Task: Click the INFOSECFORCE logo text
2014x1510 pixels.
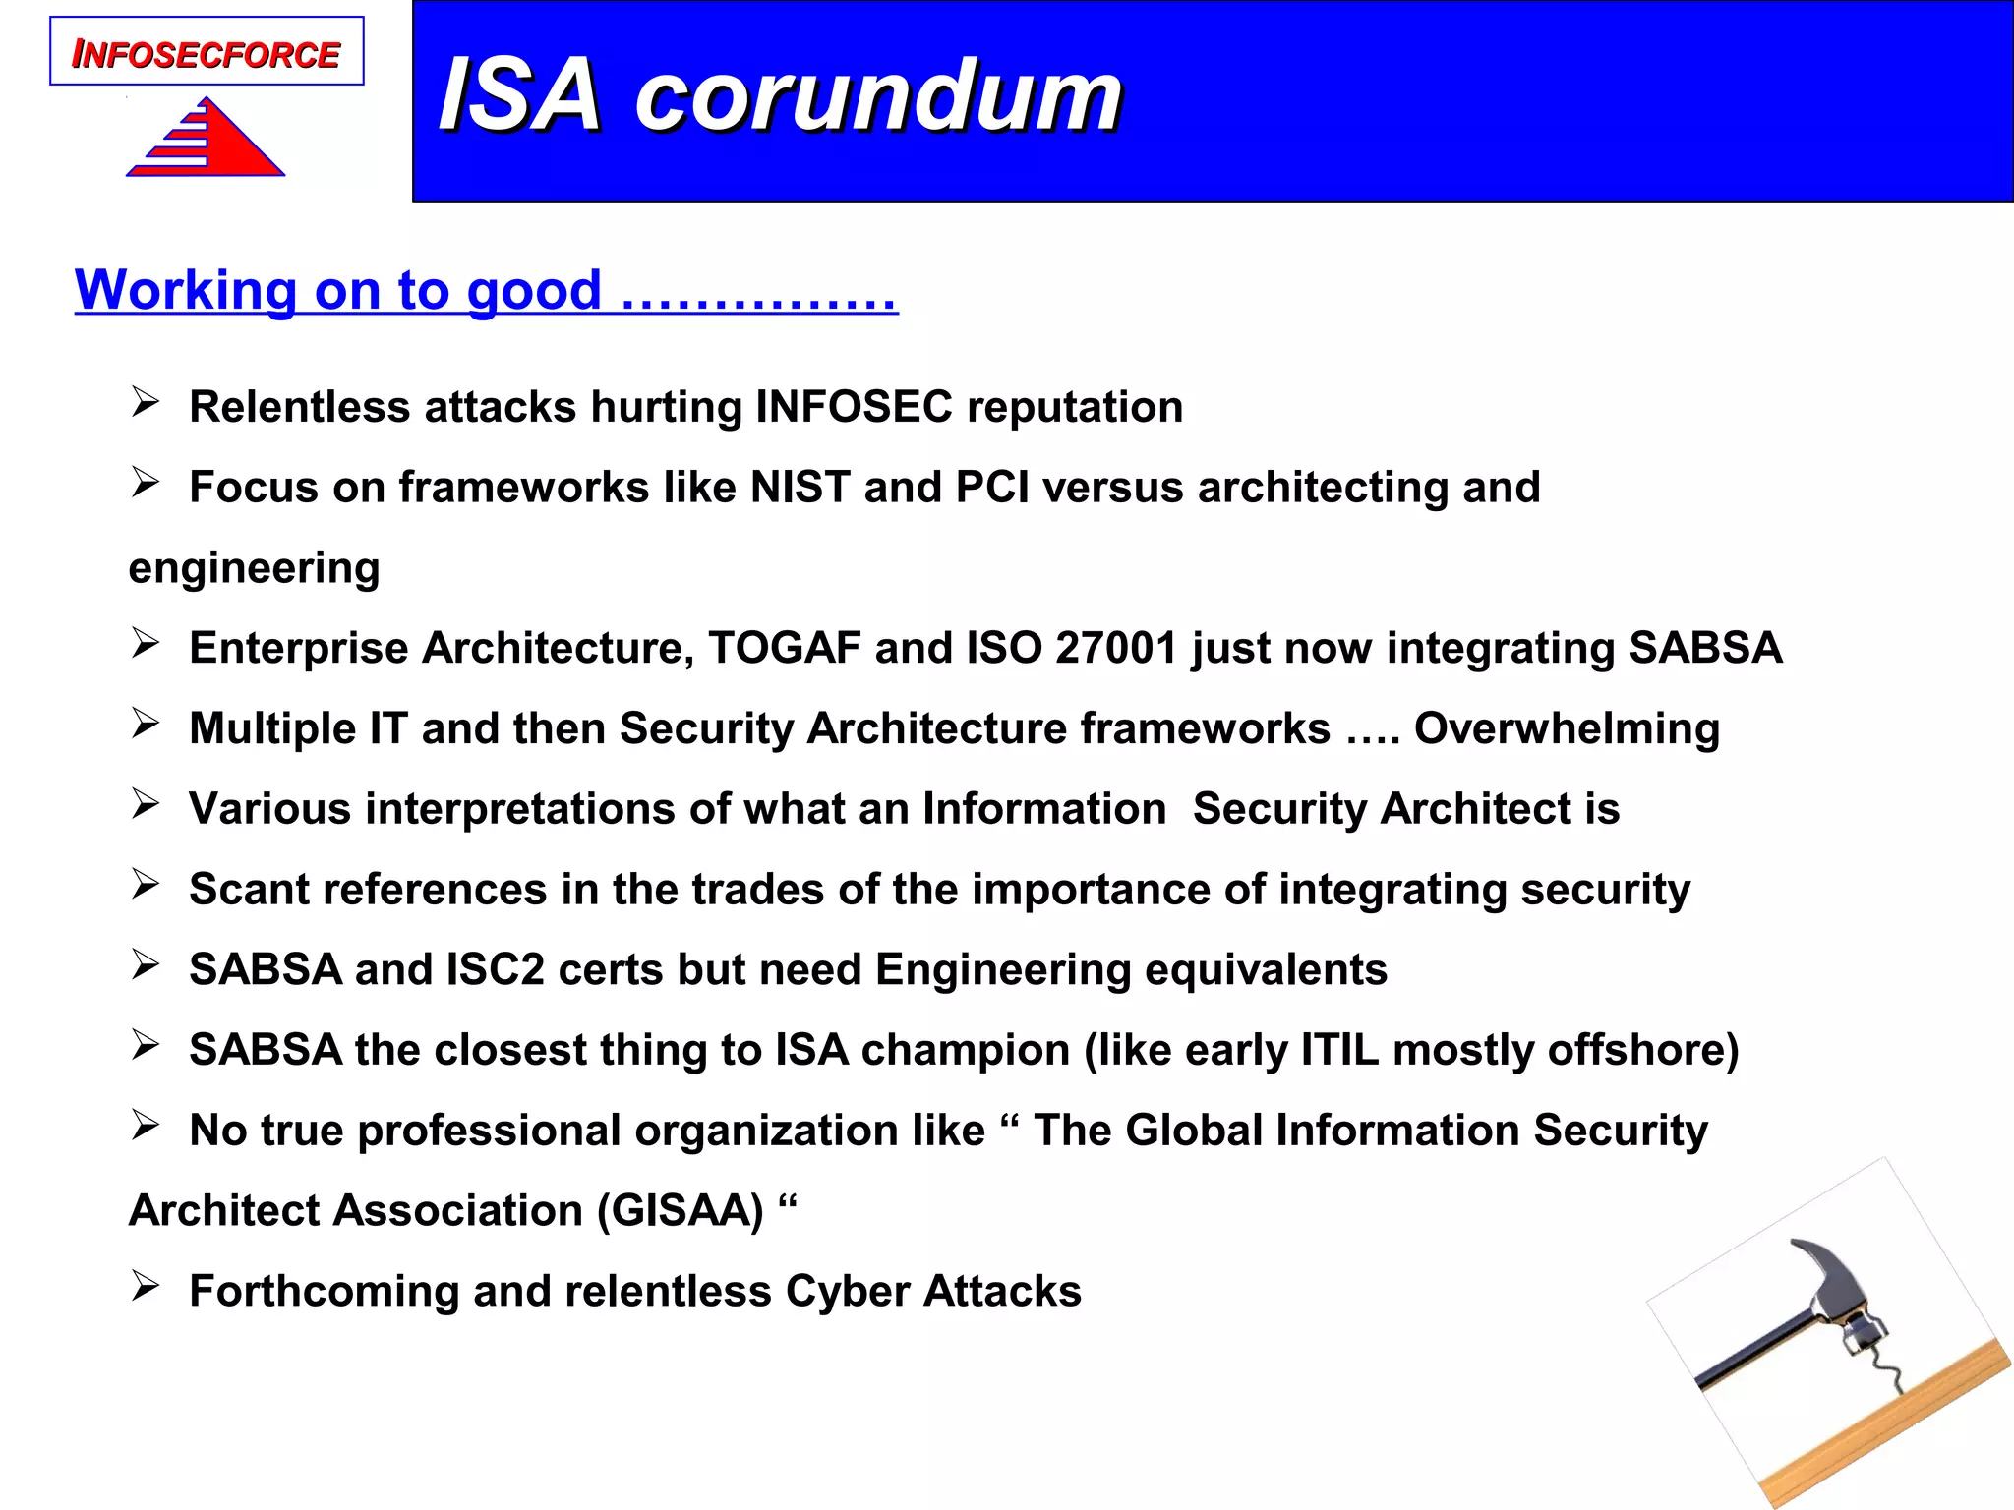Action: click(x=207, y=54)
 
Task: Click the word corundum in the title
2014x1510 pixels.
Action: click(x=878, y=95)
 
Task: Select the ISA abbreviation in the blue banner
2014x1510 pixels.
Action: click(x=520, y=95)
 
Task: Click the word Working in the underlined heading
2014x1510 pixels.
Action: click(x=186, y=290)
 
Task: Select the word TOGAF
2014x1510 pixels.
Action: click(x=784, y=648)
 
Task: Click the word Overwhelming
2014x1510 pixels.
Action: click(x=1567, y=728)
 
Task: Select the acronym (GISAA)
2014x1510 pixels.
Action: click(x=681, y=1210)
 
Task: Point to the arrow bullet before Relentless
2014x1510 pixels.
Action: click(x=146, y=402)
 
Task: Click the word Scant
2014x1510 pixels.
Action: click(x=251, y=889)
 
